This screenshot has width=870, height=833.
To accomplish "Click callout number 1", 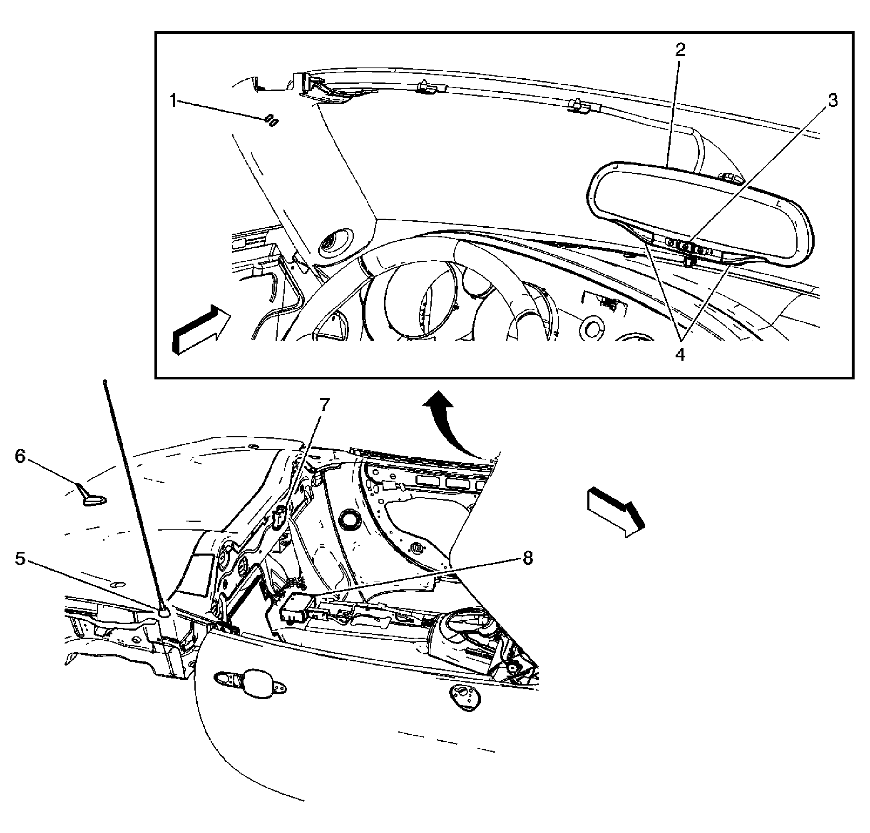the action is click(174, 101).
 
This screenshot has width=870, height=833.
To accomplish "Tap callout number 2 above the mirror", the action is click(680, 50).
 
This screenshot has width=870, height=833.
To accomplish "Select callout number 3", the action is click(833, 101).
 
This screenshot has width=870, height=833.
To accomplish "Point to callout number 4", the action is click(680, 354).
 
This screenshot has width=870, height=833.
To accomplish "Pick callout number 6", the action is click(20, 456).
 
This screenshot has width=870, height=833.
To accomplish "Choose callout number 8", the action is click(527, 558).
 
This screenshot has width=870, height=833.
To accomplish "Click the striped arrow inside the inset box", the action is click(201, 329).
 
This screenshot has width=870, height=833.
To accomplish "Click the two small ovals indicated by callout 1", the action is click(271, 120).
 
